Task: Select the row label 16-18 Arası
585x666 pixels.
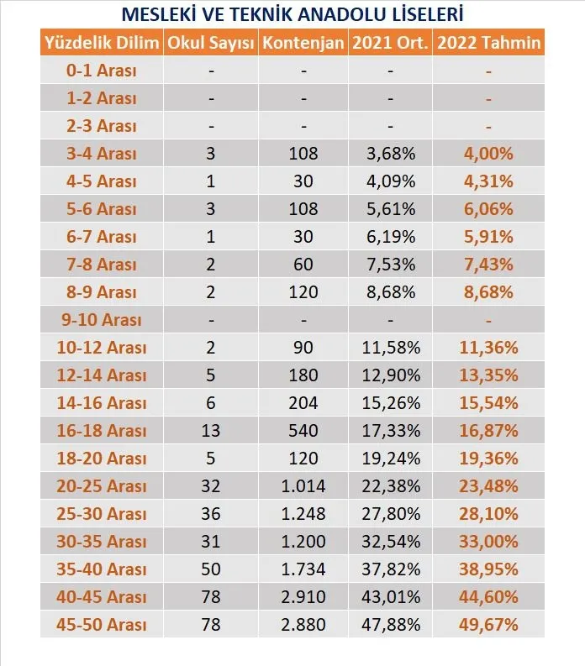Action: point(102,431)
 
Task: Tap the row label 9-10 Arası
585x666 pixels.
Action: point(102,320)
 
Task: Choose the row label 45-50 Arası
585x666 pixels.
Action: point(102,625)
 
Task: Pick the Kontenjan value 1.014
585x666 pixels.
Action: point(303,486)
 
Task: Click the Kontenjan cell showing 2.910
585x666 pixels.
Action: point(303,597)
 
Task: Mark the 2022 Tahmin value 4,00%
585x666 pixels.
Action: point(488,154)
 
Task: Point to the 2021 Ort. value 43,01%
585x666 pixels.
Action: point(391,597)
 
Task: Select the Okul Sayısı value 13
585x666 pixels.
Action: point(211,431)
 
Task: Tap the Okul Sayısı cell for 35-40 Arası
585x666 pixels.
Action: point(211,569)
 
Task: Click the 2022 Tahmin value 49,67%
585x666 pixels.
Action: point(488,625)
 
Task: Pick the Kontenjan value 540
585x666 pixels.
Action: point(303,431)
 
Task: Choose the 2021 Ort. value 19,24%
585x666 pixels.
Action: point(391,459)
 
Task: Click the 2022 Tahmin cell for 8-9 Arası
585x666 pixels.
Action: point(488,292)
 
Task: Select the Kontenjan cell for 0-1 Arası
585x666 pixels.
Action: point(303,71)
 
